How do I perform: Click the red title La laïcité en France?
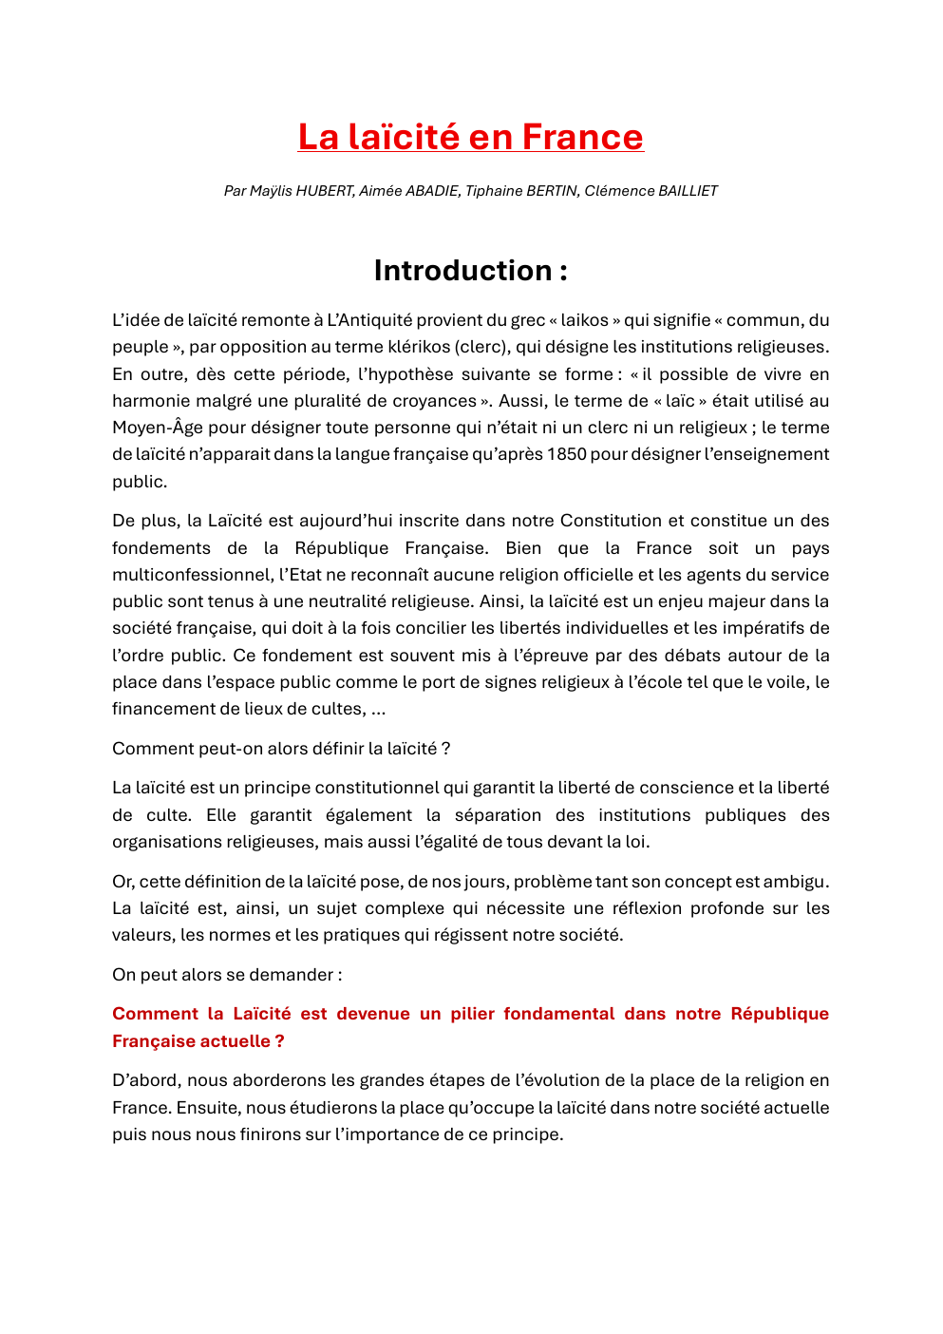point(470,137)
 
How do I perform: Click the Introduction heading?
point(470,271)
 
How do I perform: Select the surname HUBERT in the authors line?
point(325,191)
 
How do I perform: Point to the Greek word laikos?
point(584,320)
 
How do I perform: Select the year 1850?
point(566,454)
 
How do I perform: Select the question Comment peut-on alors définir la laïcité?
point(280,749)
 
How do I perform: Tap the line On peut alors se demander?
point(226,975)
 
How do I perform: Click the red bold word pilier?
point(472,1014)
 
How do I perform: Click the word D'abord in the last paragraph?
point(143,1080)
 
